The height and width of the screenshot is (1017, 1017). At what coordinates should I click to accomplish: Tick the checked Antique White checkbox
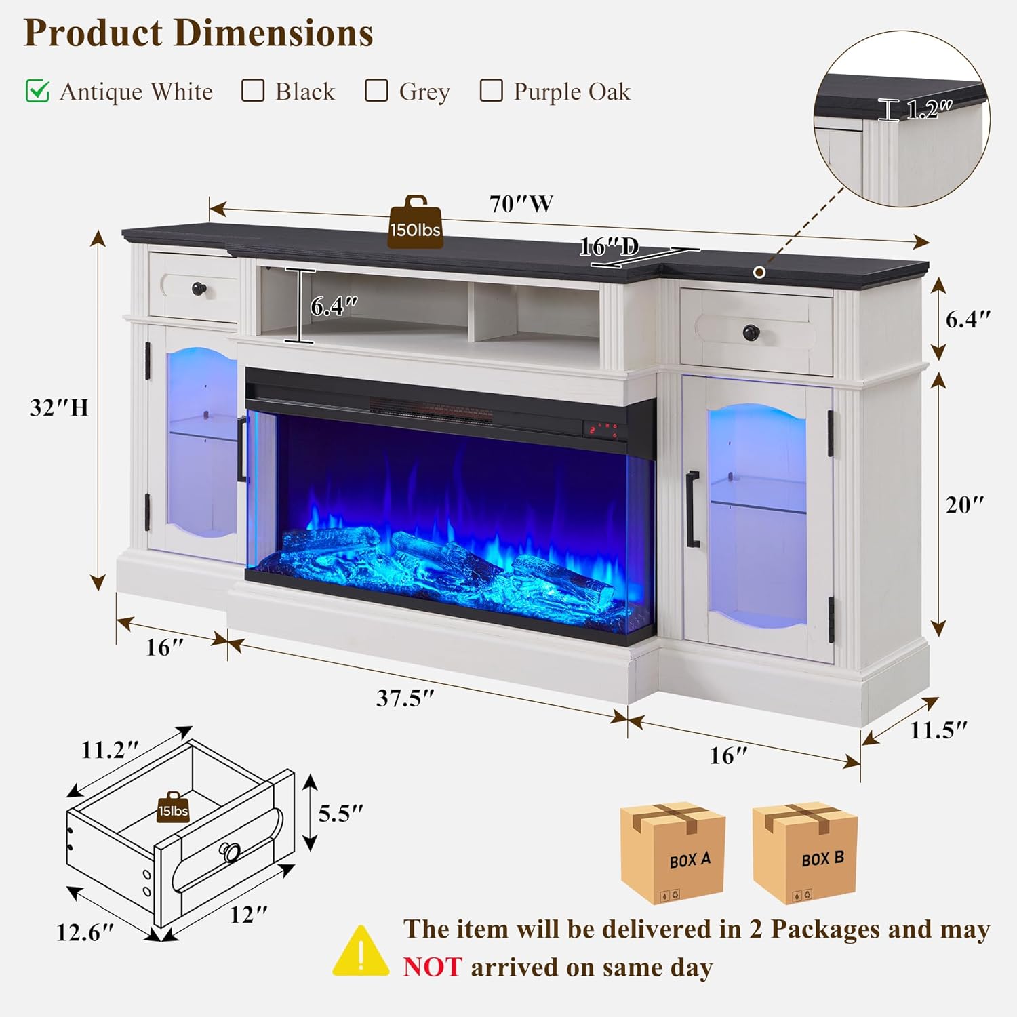pos(37,91)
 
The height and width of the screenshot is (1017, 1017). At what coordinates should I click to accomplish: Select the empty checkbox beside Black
pos(253,90)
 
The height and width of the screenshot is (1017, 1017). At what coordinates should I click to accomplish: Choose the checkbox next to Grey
pos(376,90)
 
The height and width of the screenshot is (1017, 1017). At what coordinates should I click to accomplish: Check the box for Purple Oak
pos(491,90)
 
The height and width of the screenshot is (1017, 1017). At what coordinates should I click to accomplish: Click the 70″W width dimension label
pos(521,203)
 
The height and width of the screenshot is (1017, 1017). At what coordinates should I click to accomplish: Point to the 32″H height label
pos(59,407)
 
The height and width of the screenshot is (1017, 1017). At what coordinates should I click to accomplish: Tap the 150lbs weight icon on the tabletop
pos(415,222)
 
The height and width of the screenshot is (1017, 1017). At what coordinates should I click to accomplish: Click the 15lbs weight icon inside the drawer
pos(173,807)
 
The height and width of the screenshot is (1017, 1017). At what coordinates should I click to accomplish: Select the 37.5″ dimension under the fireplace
pos(405,698)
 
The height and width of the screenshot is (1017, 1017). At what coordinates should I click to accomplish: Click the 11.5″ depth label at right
pos(938,730)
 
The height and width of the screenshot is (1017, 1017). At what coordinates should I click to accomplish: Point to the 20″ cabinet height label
pos(965,504)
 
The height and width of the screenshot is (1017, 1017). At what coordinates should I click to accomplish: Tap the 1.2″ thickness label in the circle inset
pos(929,109)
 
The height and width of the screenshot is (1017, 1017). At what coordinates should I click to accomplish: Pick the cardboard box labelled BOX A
pos(673,854)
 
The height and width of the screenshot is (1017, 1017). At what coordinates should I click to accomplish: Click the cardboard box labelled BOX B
pos(805,854)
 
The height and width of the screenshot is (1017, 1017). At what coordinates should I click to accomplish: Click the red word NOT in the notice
pos(433,967)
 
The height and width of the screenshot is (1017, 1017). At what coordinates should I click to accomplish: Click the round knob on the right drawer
pos(751,333)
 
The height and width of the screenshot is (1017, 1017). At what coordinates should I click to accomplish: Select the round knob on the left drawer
pos(199,288)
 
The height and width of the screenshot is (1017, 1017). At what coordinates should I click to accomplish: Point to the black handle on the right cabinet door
pos(692,509)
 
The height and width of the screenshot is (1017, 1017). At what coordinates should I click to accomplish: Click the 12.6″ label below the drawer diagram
pos(85,932)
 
